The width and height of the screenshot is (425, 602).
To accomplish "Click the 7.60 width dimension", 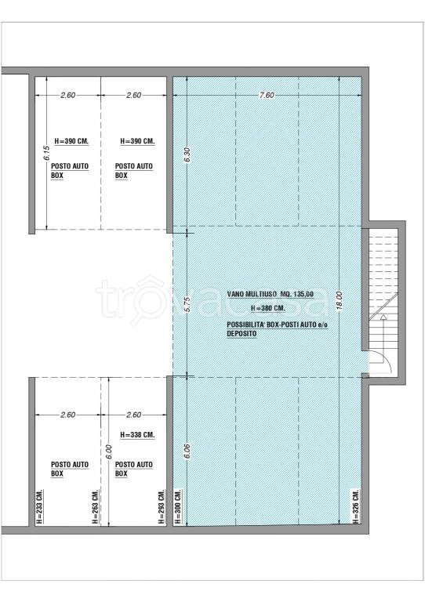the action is tap(267, 95).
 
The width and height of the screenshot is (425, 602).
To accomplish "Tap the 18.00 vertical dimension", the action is tap(339, 301).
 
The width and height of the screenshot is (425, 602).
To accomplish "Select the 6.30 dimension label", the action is tap(187, 154).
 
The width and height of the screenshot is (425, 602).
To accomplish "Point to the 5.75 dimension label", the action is tap(187, 303).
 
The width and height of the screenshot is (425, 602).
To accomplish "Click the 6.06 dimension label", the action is tap(187, 451).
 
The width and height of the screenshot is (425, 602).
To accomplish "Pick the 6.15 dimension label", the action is tap(46, 153).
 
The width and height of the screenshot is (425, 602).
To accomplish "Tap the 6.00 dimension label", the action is tap(109, 451).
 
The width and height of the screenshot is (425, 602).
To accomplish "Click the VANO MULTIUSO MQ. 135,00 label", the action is tap(271, 294).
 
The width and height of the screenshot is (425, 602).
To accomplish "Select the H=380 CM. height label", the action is tap(268, 308).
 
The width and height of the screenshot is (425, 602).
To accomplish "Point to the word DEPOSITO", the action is tap(242, 334).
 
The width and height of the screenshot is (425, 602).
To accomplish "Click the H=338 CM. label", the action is tap(137, 435).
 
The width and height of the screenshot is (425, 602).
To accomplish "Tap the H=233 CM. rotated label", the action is tap(39, 507).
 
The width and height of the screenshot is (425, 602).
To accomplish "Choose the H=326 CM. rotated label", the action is tap(356, 507).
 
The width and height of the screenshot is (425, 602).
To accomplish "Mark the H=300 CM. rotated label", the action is tap(178, 507).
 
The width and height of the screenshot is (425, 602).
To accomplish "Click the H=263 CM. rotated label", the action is tap(95, 507).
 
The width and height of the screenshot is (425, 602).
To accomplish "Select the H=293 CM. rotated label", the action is tap(162, 507).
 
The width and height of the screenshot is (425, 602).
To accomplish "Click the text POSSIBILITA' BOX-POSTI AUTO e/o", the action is tap(277, 325).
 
